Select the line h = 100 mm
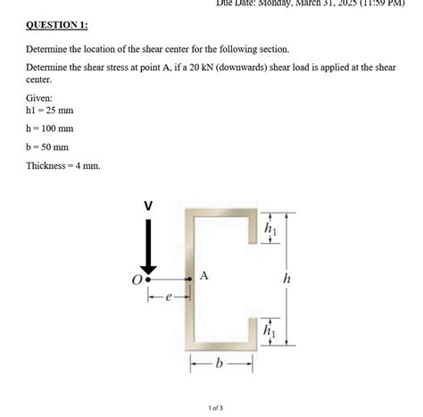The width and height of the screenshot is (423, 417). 50,129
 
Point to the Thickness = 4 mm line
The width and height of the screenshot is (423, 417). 62,166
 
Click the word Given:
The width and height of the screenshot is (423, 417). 40,96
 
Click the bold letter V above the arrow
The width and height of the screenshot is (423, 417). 149,206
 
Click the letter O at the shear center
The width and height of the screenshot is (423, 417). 137,280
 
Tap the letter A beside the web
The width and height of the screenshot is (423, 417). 203,276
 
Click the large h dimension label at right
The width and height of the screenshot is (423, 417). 286,279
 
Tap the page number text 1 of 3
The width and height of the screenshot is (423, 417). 215,408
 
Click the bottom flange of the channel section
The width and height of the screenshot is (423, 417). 220,346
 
